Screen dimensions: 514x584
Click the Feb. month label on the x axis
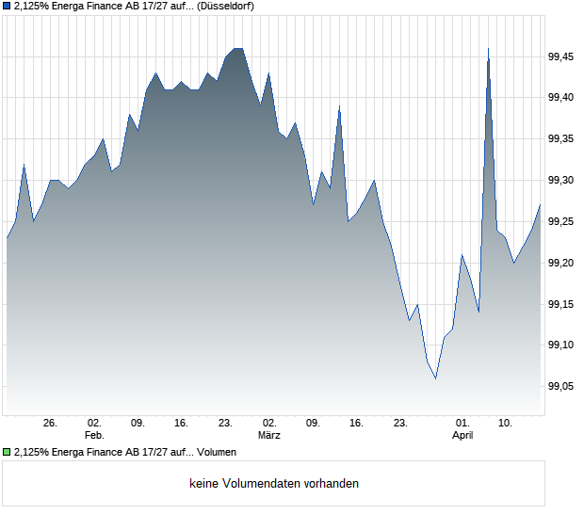tap(94, 436)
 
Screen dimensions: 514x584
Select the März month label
tap(269, 436)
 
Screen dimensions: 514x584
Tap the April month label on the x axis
tap(462, 436)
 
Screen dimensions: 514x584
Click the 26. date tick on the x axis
tap(51, 424)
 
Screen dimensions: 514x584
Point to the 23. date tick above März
tap(225, 424)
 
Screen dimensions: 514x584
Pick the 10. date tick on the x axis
tap(506, 424)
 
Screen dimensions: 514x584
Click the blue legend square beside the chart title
tap(7, 6)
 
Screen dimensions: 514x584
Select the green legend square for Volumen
tap(7, 453)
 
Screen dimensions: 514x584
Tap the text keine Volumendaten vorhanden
tap(274, 484)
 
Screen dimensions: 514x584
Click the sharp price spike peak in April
tap(488, 48)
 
